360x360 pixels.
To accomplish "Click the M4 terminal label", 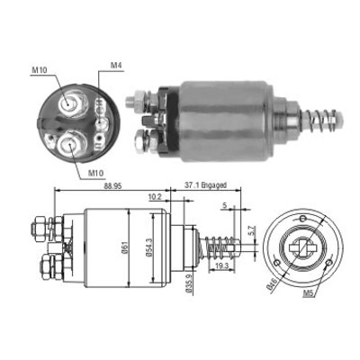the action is (116, 66).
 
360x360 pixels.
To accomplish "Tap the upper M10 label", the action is (39, 70).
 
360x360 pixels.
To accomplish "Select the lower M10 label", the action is (95, 173).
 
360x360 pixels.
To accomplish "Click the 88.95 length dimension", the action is (112, 185).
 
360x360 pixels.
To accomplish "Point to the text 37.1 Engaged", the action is (205, 185).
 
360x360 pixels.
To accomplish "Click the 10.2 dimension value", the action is (155, 197).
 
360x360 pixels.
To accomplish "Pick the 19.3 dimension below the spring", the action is (222, 265).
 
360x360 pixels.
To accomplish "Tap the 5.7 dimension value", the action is (253, 230).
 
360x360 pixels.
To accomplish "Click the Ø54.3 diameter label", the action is (149, 247).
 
